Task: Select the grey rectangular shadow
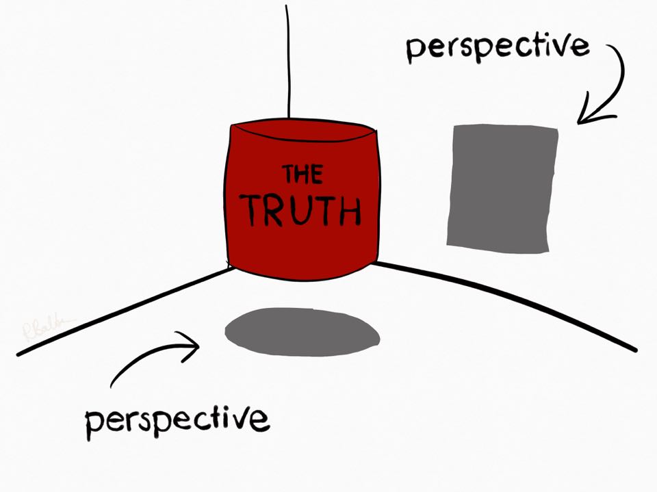pos(502,186)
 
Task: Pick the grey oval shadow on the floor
pos(302,332)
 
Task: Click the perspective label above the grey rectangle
pos(498,46)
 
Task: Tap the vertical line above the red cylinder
pos(289,62)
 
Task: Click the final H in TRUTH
pos(348,211)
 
